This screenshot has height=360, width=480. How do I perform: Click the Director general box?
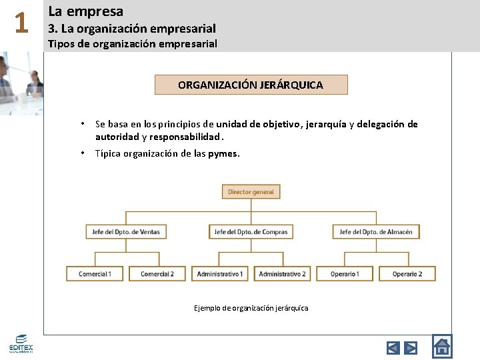tap(251, 192)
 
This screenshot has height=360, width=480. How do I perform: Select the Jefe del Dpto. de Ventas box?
tap(126, 232)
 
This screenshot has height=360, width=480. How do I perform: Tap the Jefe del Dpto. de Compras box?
tap(251, 232)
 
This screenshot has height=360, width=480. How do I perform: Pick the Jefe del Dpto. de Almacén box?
tap(376, 232)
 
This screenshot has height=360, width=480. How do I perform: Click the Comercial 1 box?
tap(95, 273)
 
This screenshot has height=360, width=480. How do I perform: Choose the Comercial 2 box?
tap(157, 273)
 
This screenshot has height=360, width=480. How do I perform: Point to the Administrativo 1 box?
tap(219, 273)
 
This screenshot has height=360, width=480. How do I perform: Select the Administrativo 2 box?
tap(282, 273)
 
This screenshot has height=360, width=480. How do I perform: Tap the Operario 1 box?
tap(345, 273)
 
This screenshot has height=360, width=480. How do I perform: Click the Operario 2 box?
tap(407, 273)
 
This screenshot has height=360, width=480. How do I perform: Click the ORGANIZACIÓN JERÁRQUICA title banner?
tap(251, 85)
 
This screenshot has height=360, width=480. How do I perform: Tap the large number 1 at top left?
tap(21, 24)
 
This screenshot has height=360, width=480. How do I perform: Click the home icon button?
tap(441, 346)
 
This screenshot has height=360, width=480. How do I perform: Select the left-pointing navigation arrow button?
tap(393, 347)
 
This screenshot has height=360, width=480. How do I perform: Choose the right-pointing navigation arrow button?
tap(411, 347)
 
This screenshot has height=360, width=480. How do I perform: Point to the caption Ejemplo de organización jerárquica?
tap(251, 308)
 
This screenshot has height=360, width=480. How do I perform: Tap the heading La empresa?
tap(85, 11)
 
